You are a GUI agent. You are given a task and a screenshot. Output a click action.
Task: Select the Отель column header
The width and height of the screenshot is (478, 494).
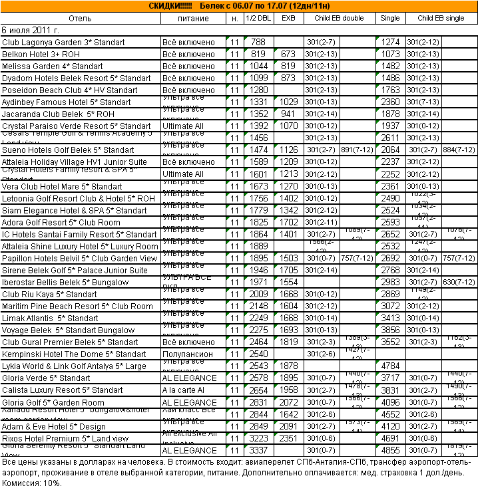(80, 18)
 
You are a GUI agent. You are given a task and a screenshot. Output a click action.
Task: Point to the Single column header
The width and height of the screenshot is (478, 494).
(390, 18)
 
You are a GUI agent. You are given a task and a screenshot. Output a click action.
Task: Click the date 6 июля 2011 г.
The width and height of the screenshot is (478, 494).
(31, 30)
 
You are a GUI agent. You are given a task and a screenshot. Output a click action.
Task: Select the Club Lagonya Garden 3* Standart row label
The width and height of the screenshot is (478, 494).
(63, 43)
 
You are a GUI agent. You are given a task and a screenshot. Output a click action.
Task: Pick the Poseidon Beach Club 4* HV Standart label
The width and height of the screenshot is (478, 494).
(70, 90)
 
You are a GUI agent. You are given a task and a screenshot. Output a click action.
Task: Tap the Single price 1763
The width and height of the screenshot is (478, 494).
(390, 90)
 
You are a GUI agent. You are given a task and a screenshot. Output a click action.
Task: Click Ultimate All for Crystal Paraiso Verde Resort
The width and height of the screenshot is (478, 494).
(182, 126)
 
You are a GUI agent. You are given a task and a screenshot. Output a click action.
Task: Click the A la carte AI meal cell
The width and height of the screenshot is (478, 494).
(183, 390)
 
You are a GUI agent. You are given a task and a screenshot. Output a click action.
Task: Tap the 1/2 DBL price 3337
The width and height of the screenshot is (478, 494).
(258, 451)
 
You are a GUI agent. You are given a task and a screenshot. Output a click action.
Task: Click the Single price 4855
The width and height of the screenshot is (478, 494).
(390, 451)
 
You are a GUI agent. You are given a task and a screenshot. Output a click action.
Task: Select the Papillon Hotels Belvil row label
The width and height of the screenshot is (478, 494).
(79, 259)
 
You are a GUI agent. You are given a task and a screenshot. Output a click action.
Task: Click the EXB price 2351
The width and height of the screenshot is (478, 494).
(288, 439)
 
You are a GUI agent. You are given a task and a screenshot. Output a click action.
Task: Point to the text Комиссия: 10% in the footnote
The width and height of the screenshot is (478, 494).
(32, 483)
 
